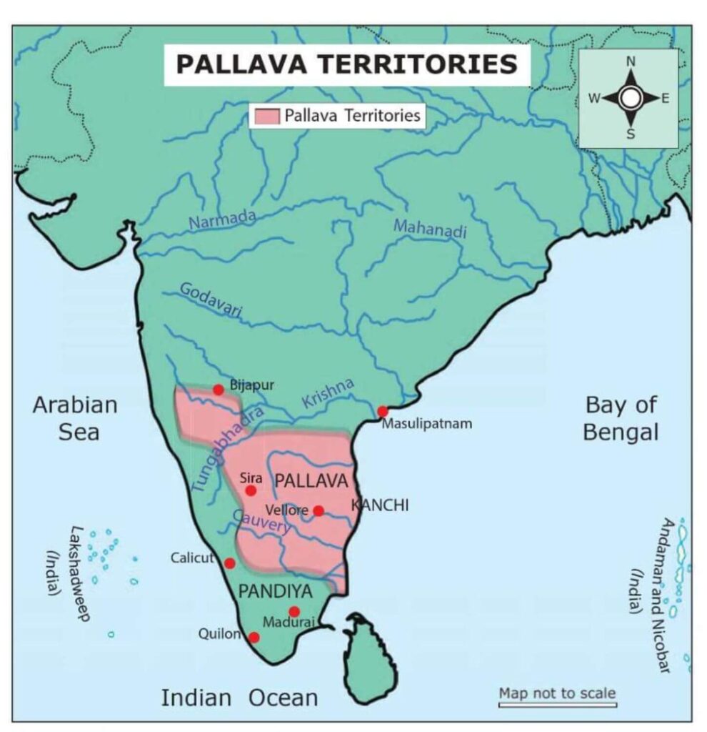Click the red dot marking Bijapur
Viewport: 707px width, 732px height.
click(219, 390)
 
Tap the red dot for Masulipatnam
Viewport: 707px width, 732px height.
click(383, 411)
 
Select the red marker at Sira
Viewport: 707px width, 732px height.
click(251, 490)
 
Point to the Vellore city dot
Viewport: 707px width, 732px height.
click(319, 510)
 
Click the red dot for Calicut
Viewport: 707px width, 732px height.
click(229, 563)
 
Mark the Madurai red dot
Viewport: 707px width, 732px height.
click(294, 611)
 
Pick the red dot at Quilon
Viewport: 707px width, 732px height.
click(254, 637)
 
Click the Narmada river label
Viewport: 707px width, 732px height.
click(221, 219)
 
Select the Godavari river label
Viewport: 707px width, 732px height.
click(211, 300)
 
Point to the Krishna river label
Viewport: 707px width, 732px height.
click(328, 392)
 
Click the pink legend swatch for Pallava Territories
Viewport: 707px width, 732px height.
click(264, 116)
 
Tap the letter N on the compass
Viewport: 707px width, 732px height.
click(631, 62)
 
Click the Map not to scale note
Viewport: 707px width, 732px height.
click(556, 693)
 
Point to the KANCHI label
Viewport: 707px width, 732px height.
click(381, 505)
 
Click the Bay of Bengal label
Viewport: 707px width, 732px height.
click(620, 418)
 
